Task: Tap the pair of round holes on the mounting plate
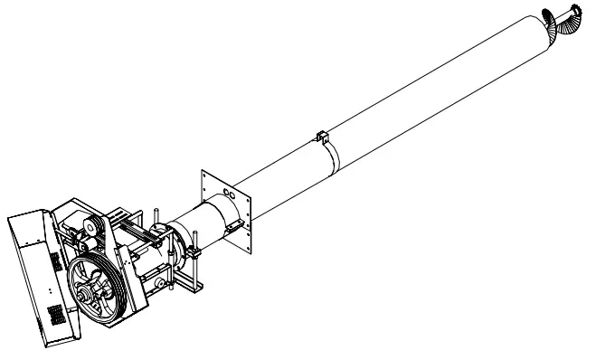click(x=231, y=194)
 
